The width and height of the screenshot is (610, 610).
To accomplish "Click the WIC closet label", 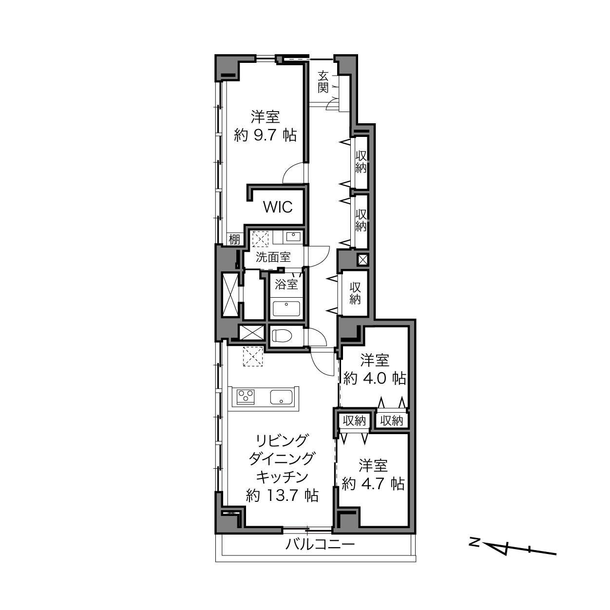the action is tap(278, 207).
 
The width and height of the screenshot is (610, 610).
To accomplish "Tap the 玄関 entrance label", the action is tap(323, 82).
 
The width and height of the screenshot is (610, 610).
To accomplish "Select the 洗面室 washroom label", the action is tap(273, 257).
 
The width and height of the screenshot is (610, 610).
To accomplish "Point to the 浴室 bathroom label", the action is tap(286, 285).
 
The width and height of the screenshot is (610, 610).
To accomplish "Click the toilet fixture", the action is tap(283, 336).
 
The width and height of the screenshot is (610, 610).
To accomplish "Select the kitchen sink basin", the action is tap(281, 397).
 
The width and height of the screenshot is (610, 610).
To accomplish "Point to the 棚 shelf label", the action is tap(234, 240).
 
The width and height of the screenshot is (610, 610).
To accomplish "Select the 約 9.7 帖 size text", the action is tap(265, 136).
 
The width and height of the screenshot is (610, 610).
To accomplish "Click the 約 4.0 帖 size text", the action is tap(375, 378).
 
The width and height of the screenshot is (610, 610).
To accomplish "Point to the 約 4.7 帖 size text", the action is tap(373, 484).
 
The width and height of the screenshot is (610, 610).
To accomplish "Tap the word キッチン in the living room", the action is tap(282, 477).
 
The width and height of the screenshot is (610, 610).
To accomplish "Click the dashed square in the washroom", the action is tap(260, 239).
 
